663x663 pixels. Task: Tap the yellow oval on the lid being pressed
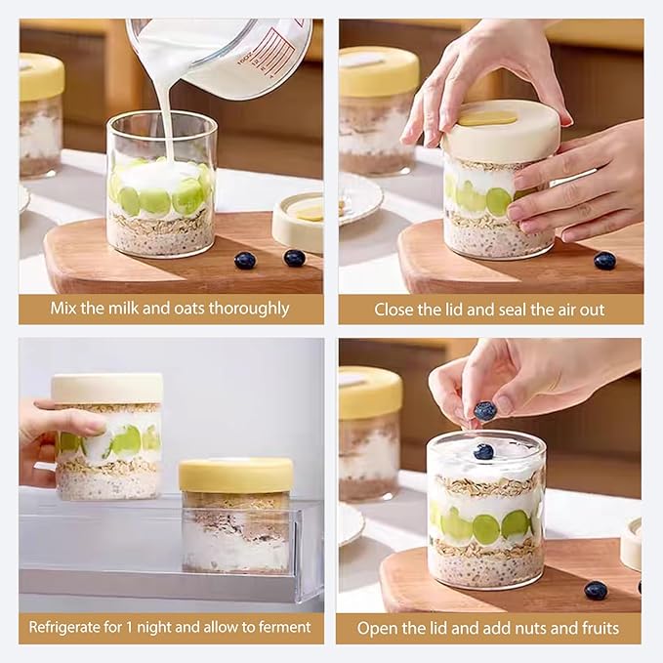487,118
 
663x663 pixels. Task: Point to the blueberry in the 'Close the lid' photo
605,260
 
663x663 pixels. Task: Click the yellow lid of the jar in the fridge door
234,475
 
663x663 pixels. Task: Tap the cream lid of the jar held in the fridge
107,388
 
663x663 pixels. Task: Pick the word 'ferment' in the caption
284,627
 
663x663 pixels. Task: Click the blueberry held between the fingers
485,411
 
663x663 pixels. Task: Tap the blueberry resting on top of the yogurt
483,451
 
